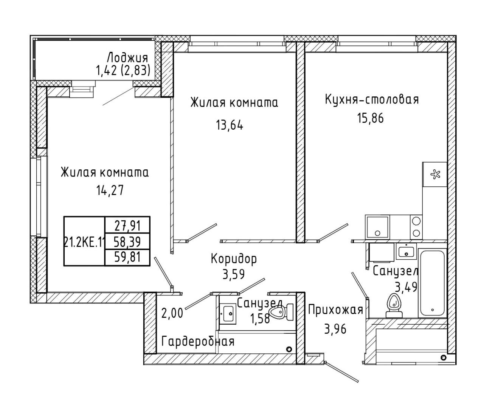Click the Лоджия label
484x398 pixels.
point(127,57)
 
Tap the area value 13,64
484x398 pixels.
point(229,125)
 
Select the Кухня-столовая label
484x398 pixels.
point(372,99)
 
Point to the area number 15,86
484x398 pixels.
point(370,118)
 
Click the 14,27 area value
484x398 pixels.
point(110,190)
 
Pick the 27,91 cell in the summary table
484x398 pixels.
point(127,226)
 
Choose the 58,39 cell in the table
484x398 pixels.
point(127,242)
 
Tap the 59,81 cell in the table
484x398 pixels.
point(127,257)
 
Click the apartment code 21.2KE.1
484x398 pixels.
point(84,242)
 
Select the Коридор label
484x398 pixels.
point(234,259)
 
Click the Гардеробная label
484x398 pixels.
point(198,342)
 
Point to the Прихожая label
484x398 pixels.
point(335,310)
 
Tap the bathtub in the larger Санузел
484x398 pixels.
point(432,283)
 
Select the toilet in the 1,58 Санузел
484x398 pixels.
point(281,312)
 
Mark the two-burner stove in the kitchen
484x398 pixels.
point(416,227)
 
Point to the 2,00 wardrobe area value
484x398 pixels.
point(172,313)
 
